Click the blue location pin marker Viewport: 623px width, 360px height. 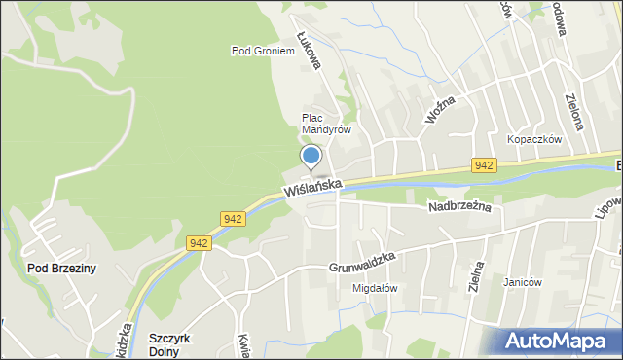coord(311,157)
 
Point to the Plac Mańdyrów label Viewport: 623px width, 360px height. coord(325,123)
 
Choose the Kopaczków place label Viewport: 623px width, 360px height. coord(534,139)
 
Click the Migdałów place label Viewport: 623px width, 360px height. coord(375,288)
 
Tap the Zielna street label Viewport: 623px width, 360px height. coord(477,279)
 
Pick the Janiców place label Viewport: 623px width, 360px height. coord(522,283)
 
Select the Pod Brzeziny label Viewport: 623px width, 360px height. coord(61,269)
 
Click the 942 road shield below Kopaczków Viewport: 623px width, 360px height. coord(484,165)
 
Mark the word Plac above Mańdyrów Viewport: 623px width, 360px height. coord(311,117)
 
